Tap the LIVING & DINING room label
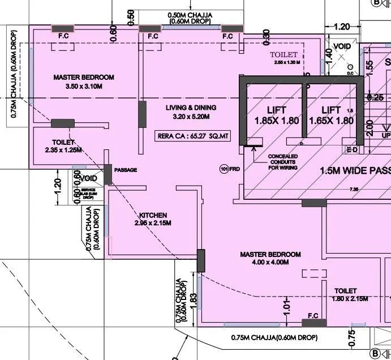(x=191, y=108)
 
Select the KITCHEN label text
(x=153, y=215)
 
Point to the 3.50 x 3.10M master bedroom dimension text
(x=83, y=86)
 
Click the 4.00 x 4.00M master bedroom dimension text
(x=270, y=263)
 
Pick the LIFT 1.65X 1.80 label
(x=331, y=115)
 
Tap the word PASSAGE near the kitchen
(x=126, y=170)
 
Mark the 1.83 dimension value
(x=192, y=299)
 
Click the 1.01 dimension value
(x=287, y=308)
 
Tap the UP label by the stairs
(x=385, y=136)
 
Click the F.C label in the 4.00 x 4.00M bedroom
(x=312, y=315)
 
